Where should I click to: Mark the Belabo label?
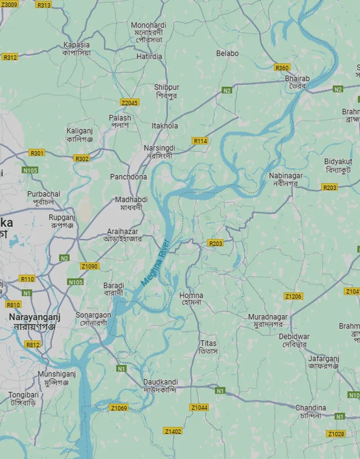click(227, 53)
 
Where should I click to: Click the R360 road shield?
click(282, 68)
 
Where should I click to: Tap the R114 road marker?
click(200, 141)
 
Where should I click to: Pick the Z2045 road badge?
click(130, 103)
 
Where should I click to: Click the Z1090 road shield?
click(90, 266)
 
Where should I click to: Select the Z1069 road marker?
click(119, 408)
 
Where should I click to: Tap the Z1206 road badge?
click(293, 296)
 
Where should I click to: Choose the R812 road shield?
click(32, 345)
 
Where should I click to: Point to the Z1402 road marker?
click(173, 432)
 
